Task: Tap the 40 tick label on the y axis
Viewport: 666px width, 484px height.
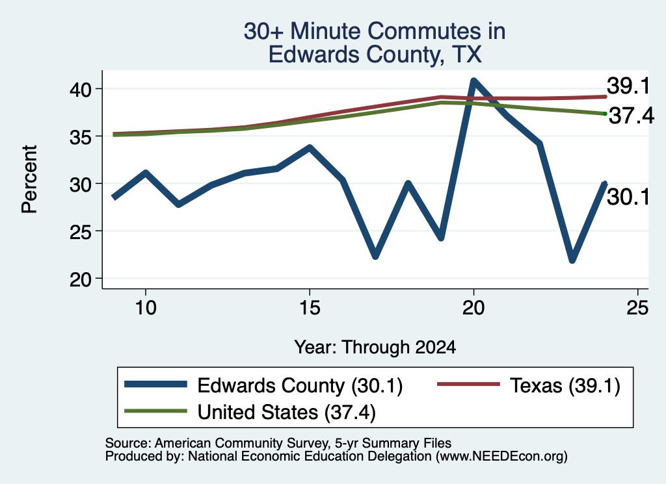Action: [x=81, y=90]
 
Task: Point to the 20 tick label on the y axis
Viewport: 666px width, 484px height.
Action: [x=81, y=279]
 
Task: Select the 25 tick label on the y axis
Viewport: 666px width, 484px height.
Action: [x=81, y=232]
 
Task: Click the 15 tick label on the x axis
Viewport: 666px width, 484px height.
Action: [x=310, y=307]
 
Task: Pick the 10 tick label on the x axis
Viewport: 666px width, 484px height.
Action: [x=146, y=307]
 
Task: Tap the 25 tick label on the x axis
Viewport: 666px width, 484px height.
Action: [x=637, y=307]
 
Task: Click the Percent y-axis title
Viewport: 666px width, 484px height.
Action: [x=29, y=179]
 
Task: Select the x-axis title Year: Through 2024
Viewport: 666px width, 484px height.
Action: [x=375, y=347]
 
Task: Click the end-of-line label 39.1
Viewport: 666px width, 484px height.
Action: [x=628, y=86]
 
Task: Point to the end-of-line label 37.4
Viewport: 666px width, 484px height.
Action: [x=631, y=116]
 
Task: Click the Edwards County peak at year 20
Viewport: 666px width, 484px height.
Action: [x=473, y=81]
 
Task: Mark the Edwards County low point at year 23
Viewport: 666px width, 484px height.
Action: [x=572, y=259]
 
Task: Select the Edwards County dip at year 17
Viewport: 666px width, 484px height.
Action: [x=375, y=255]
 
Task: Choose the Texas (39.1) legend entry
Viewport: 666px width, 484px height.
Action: [x=529, y=385]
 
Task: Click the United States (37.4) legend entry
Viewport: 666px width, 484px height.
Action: [x=250, y=412]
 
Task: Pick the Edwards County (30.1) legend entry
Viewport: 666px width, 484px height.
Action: [x=263, y=385]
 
